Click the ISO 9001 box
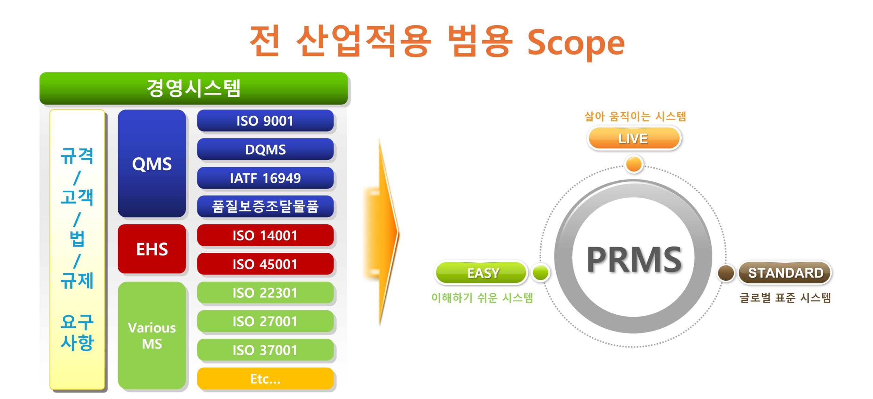[265, 121]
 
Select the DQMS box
[265, 149]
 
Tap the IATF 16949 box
[265, 178]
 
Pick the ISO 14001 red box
[265, 235]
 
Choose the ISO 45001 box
[265, 264]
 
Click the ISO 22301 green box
[265, 293]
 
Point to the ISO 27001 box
[265, 321]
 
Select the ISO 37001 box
[265, 350]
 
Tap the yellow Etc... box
[265, 379]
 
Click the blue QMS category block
[152, 163]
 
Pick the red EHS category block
[152, 249]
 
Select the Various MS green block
[152, 336]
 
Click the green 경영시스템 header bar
[194, 88]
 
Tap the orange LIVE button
[634, 138]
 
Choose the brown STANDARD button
[785, 273]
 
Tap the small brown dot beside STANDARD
[726, 273]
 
